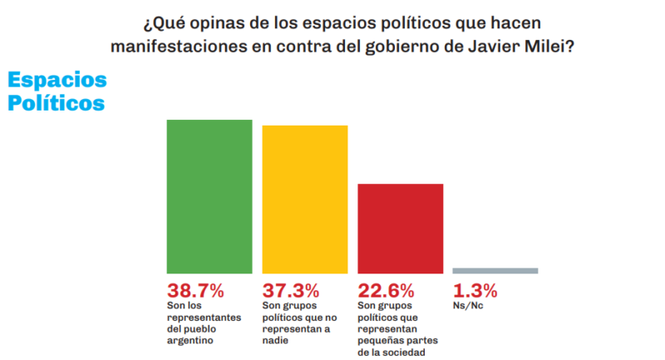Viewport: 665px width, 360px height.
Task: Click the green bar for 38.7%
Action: (209, 196)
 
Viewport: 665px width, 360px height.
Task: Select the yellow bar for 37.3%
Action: (304, 200)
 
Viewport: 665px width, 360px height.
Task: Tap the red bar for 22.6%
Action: (400, 229)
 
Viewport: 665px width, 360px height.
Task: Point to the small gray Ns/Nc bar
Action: (495, 270)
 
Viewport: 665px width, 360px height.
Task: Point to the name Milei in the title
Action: (554, 47)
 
